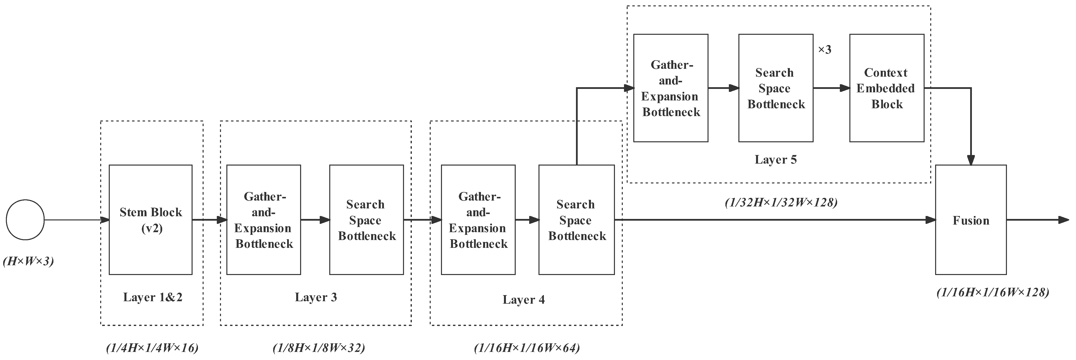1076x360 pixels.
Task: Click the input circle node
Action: tap(25, 220)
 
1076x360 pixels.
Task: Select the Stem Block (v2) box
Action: tap(150, 220)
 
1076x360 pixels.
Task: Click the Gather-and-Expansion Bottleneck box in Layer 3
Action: tap(264, 220)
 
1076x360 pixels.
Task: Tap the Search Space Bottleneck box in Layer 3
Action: tap(366, 220)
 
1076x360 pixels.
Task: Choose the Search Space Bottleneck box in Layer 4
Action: tap(576, 220)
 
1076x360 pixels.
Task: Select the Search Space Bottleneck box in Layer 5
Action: tap(776, 88)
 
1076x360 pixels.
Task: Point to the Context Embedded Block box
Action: tap(886, 88)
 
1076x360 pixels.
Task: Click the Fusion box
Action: tap(971, 220)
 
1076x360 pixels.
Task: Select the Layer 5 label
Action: tap(776, 159)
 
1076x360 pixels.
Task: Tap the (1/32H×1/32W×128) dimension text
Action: tap(781, 203)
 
